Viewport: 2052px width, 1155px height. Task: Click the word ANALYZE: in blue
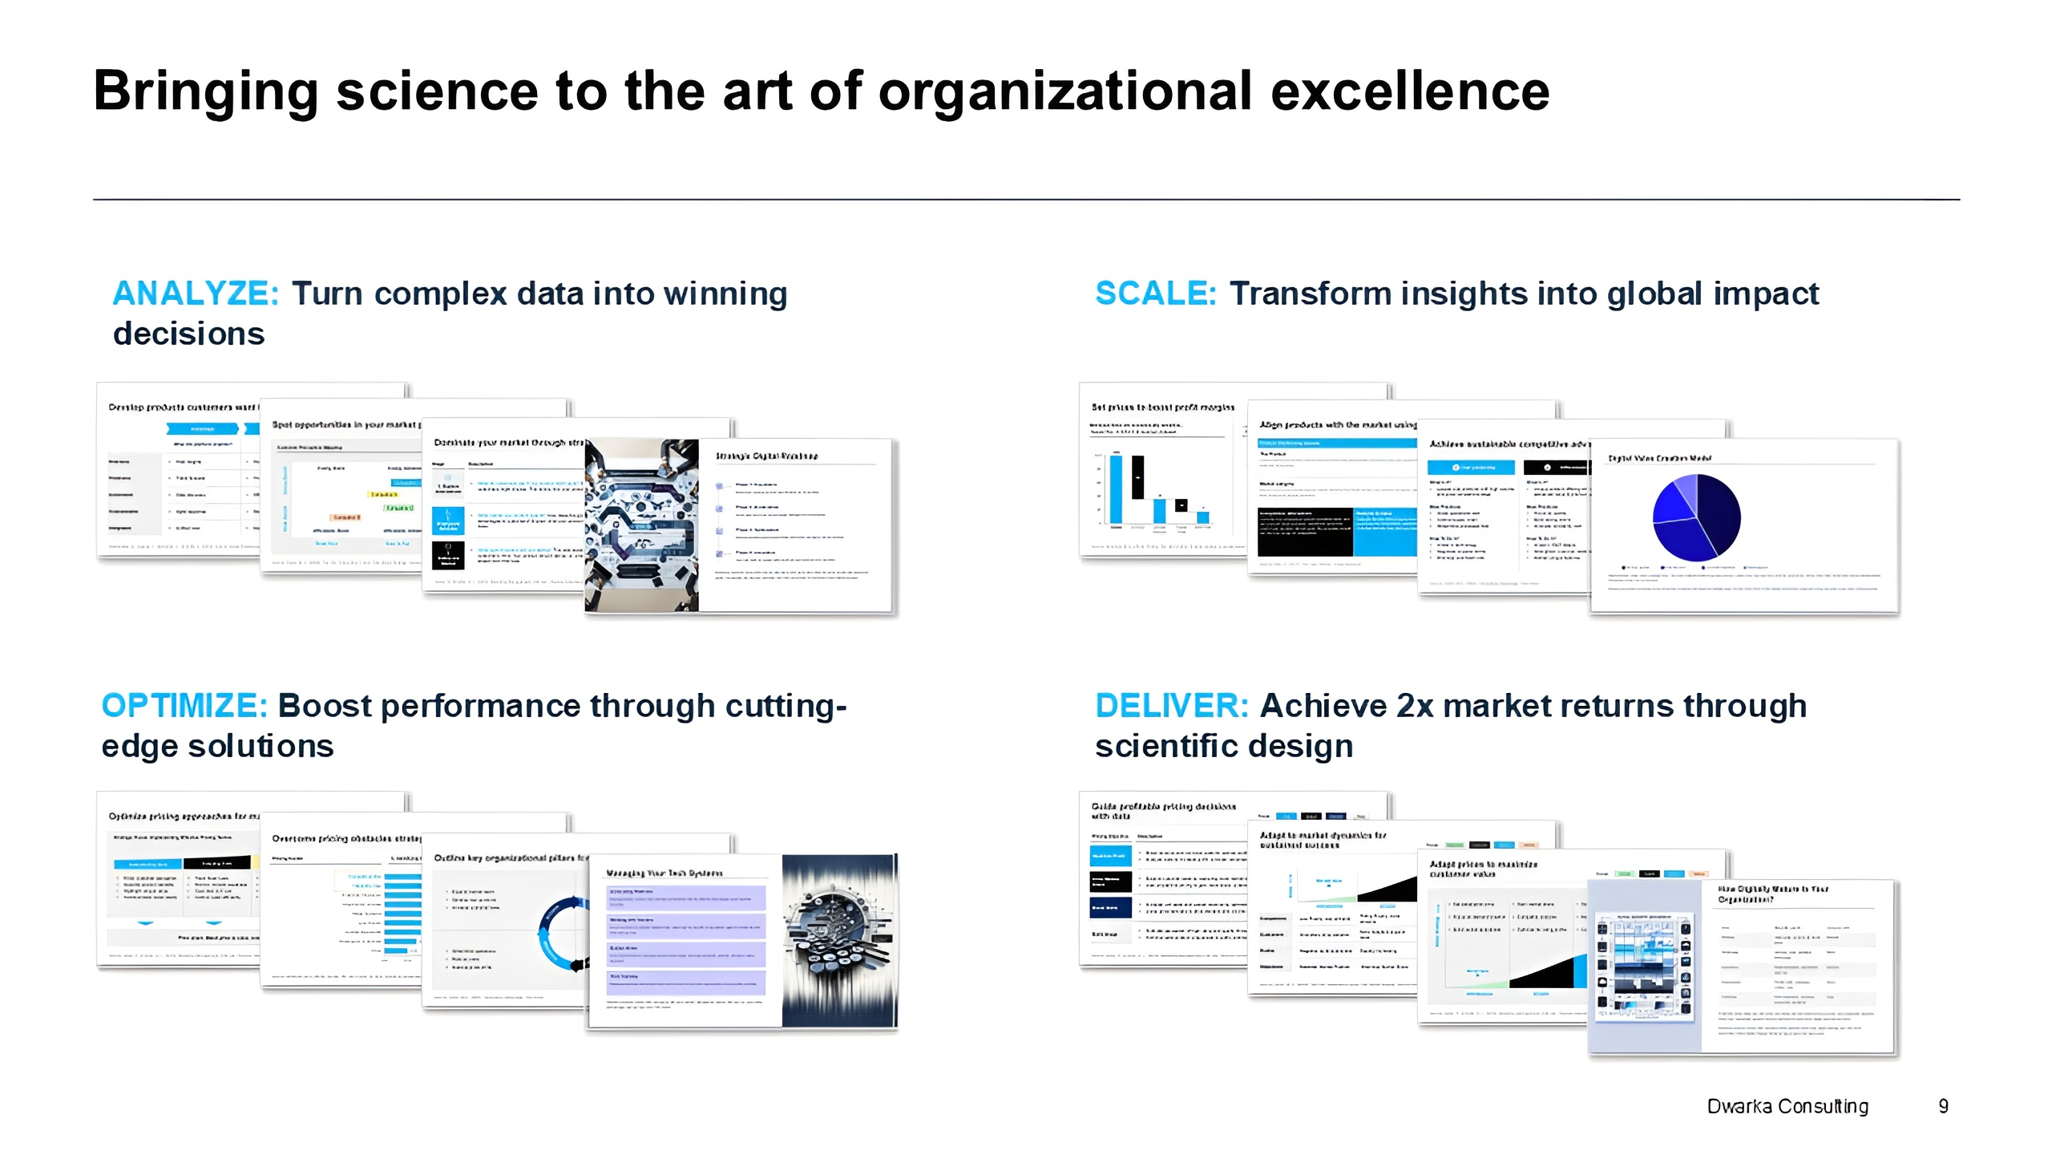pos(196,294)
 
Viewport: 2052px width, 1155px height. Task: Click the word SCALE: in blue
pos(1155,294)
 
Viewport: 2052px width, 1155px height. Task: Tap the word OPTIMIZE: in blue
pos(184,706)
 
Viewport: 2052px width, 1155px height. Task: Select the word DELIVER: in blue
pos(1171,706)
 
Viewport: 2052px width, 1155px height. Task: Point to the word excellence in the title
pos(1410,91)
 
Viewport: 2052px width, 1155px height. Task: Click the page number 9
pos(1943,1106)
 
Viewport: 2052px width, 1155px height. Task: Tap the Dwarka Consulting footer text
pos(1787,1106)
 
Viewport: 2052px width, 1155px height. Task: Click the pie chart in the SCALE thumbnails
pos(1696,517)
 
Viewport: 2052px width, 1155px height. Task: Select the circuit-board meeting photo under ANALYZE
pos(641,525)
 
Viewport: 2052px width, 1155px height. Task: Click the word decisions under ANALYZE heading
pos(188,334)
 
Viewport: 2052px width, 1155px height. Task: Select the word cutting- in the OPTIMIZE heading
pos(786,706)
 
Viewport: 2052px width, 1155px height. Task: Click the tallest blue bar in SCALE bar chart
pos(1115,488)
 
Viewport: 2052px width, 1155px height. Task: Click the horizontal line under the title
pos(1026,199)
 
